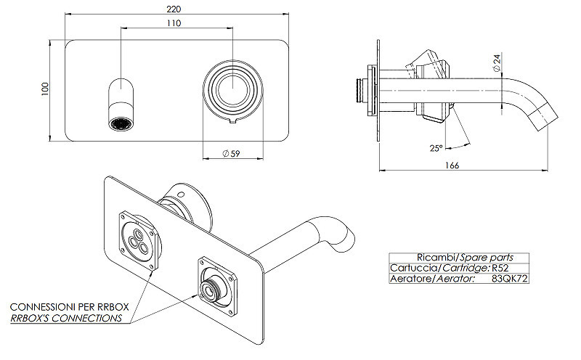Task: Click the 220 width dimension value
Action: [x=174, y=9]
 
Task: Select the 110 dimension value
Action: [x=174, y=23]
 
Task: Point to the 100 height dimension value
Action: [x=45, y=89]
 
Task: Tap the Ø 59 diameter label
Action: [x=231, y=153]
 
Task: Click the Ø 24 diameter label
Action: [x=497, y=62]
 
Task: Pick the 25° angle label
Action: [x=436, y=148]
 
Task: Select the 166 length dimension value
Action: [x=452, y=165]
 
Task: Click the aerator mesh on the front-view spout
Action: [x=121, y=123]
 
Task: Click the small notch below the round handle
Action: [x=232, y=121]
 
